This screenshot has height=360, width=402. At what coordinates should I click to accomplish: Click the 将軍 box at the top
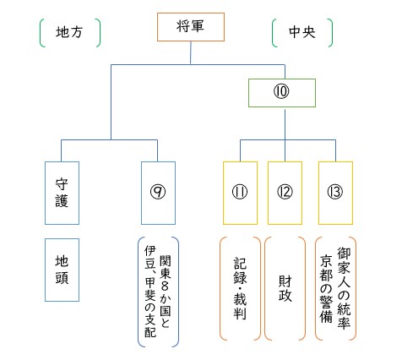click(190, 27)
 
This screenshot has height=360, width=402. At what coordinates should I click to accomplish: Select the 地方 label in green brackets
click(69, 32)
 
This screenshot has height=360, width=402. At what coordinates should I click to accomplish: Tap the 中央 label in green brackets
click(301, 32)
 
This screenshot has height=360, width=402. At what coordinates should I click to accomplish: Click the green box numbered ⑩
click(281, 92)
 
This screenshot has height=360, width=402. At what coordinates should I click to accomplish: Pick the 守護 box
click(62, 192)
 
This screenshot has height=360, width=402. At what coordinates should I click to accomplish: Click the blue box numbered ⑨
click(157, 192)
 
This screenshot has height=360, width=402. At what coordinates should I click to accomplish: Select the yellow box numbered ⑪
click(241, 192)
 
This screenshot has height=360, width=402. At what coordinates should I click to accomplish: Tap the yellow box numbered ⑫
click(284, 192)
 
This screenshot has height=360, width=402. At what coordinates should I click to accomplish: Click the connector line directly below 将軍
click(190, 52)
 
